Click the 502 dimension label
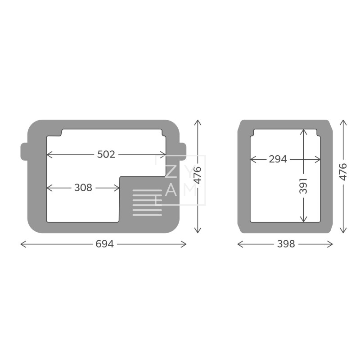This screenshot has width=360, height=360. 106,154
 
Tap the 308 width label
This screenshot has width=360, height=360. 83,188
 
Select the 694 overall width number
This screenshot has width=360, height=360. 104,244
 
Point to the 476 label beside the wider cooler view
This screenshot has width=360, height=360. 197,176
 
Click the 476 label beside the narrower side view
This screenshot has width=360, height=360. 343,172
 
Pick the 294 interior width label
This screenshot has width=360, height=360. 278,159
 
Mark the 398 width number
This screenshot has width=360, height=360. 286,244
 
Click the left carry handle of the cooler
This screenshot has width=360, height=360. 24,151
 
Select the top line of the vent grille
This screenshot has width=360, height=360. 147,190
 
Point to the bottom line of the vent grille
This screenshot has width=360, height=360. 147,214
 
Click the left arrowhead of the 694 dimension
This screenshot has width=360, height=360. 22,244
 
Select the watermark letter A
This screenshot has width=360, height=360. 171,190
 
